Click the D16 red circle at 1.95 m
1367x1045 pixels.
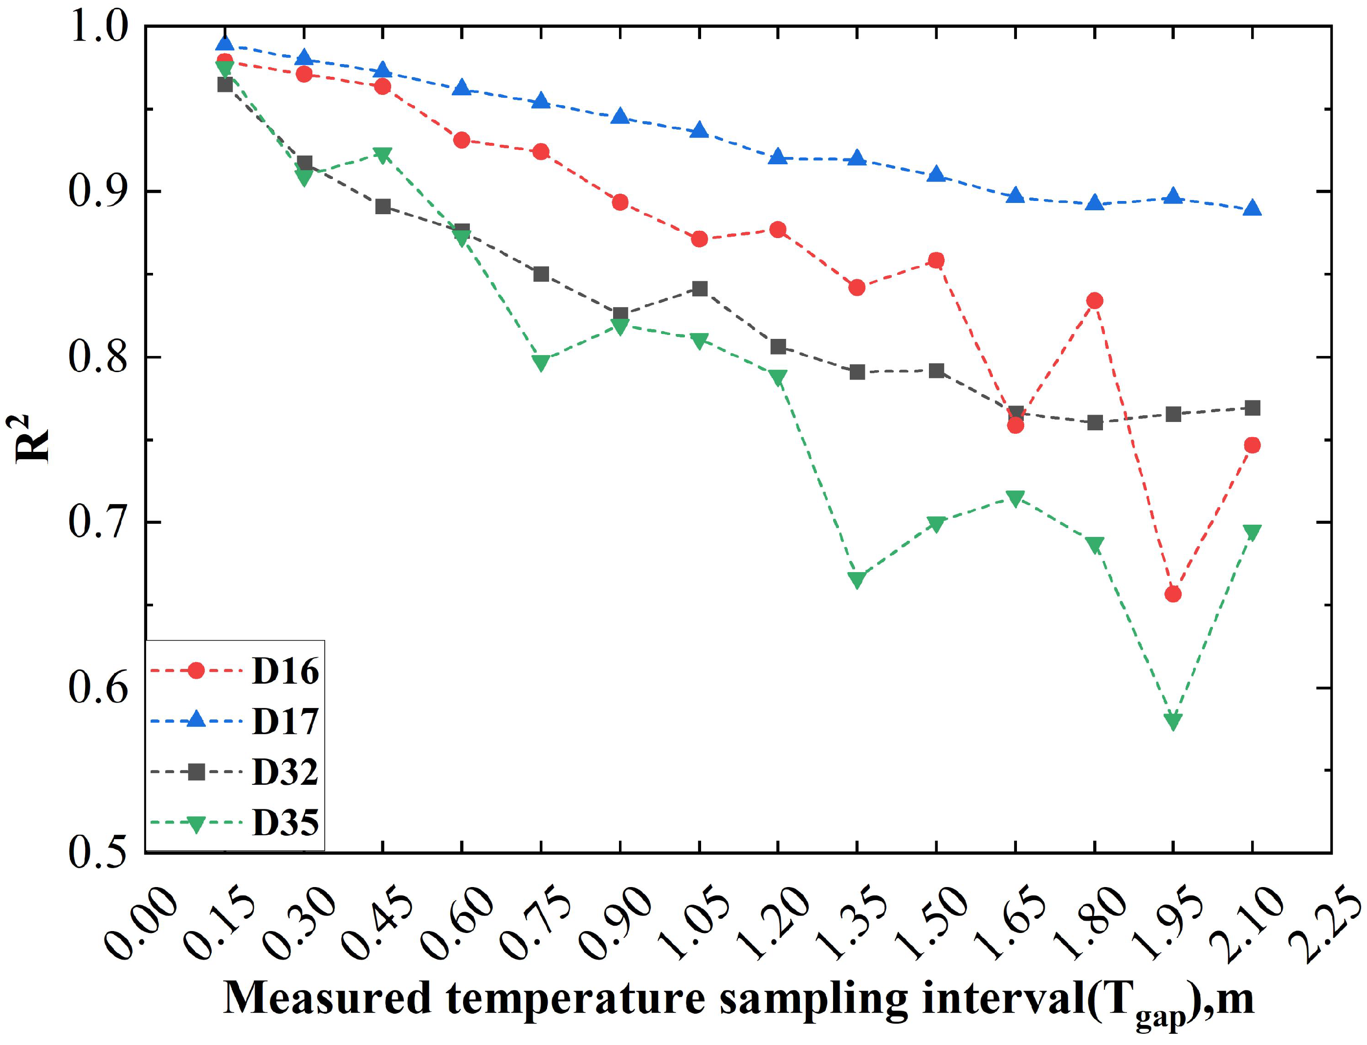[1173, 594]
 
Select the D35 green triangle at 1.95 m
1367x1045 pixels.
[1173, 721]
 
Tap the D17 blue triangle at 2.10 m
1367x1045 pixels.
[1252, 208]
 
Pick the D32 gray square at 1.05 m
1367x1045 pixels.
[700, 289]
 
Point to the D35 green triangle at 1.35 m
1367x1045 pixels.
[857, 579]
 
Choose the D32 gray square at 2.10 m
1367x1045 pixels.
[1252, 408]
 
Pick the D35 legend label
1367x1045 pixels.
[285, 823]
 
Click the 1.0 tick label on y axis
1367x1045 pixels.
[98, 27]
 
